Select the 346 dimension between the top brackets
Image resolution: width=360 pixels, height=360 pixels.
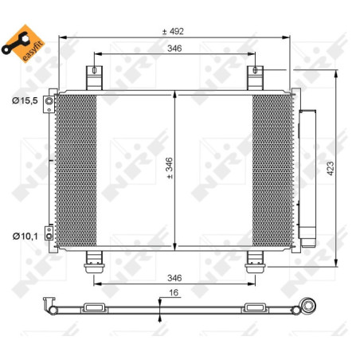(174, 49)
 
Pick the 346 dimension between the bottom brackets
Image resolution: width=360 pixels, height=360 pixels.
(174, 278)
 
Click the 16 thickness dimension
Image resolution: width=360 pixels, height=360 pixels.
(173, 293)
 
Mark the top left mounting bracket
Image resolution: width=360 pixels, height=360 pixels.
(95, 78)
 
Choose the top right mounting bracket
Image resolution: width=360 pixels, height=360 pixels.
(255, 78)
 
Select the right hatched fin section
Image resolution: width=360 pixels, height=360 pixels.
(272, 170)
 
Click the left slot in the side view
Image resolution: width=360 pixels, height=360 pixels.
(94, 308)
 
